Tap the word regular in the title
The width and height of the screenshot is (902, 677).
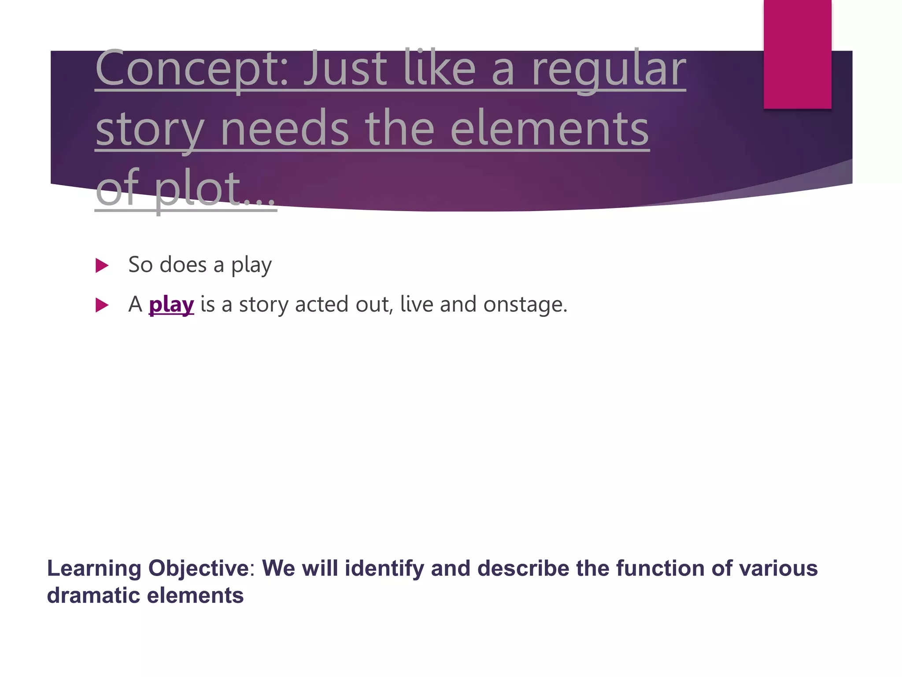(x=609, y=70)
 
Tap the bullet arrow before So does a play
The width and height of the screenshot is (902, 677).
(x=102, y=265)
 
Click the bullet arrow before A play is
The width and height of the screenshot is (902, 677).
(x=102, y=305)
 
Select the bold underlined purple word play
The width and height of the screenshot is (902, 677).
(x=171, y=305)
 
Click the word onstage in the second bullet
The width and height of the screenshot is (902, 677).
(x=525, y=305)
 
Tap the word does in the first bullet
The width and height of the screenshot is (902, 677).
(x=183, y=265)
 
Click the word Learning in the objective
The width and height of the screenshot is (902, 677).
(x=94, y=568)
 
